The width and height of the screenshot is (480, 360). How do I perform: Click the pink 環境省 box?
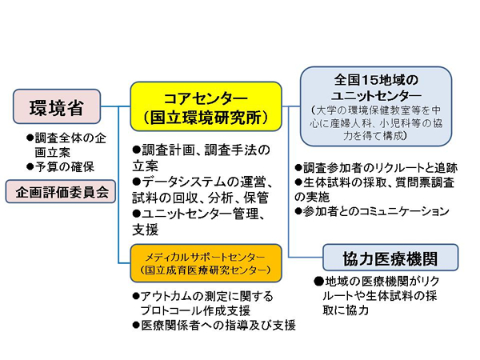57,106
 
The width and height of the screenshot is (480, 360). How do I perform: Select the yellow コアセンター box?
206,106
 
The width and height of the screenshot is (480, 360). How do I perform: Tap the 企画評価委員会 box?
61,192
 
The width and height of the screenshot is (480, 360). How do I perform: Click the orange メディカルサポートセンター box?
206,263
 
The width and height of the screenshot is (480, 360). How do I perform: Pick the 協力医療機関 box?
390,258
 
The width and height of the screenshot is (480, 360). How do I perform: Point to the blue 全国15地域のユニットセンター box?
376,106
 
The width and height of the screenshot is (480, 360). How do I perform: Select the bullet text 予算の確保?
60,167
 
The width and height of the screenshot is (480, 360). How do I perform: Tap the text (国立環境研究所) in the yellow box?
206,118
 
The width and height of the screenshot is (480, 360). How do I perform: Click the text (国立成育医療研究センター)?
206,270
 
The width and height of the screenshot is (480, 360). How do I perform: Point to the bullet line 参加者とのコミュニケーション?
372,211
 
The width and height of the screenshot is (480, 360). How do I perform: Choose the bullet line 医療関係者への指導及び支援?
214,325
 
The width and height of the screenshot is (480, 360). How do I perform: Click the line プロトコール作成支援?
195,310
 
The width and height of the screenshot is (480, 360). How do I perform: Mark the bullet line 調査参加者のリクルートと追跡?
376,168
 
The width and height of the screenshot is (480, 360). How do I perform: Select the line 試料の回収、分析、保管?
201,198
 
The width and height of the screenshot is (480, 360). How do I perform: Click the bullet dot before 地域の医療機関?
318,281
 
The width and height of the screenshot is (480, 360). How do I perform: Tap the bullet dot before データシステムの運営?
137,182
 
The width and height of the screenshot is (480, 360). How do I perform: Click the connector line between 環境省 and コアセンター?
115,106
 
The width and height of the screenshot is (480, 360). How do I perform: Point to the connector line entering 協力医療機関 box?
306,257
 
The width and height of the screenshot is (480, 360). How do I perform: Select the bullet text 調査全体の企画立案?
66,145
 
